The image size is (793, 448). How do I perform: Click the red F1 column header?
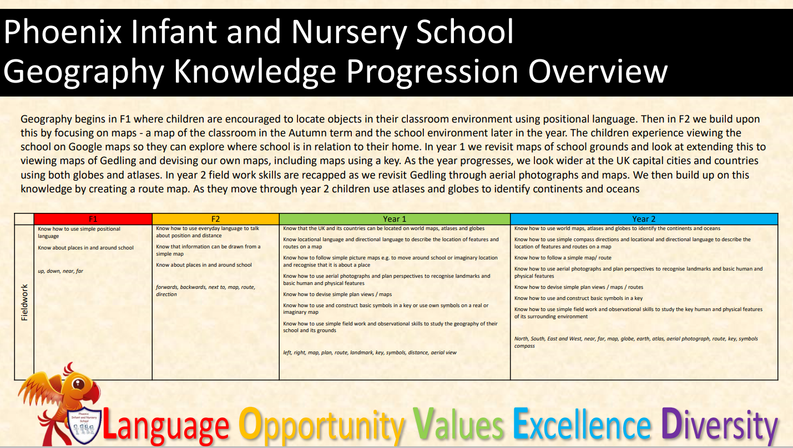coord(93,219)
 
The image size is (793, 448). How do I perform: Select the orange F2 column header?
coord(216,219)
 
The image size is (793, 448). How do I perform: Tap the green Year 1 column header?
coord(395,219)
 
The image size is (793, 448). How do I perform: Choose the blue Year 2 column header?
coord(644,219)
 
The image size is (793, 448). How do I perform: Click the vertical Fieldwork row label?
coord(24,303)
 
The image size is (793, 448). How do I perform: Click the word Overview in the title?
coord(598,71)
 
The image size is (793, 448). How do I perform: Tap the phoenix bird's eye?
coord(78,384)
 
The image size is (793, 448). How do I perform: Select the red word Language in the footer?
coord(166,426)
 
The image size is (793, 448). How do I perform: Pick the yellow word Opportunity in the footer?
coord(321,426)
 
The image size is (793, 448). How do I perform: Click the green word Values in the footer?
coord(458,424)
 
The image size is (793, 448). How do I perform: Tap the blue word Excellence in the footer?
coord(582,424)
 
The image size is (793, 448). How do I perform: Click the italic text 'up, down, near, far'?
coord(60,271)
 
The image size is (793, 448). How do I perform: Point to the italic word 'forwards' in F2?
coord(168,287)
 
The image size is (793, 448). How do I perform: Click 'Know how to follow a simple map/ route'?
coord(563,258)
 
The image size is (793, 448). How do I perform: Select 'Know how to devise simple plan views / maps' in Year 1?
coord(337,294)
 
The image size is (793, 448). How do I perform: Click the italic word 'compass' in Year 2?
coord(524,346)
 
